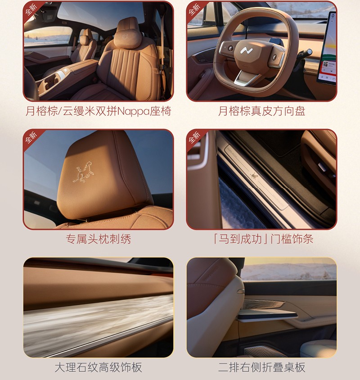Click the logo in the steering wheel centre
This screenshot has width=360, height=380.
[x=247, y=51]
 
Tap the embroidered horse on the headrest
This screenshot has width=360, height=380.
[x=84, y=172]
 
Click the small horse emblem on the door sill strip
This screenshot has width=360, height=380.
[x=254, y=175]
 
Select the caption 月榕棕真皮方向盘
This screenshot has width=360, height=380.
[x=261, y=111]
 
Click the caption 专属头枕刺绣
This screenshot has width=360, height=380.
[x=99, y=239]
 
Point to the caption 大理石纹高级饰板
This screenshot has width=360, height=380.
[x=99, y=367]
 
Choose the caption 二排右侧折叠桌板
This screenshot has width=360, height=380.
[x=261, y=367]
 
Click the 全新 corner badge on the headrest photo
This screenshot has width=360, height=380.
[x=32, y=138]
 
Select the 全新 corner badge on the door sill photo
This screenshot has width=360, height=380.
[x=195, y=138]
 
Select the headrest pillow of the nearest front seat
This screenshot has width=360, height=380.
[x=128, y=36]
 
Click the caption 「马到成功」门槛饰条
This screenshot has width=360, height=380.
[x=263, y=239]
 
